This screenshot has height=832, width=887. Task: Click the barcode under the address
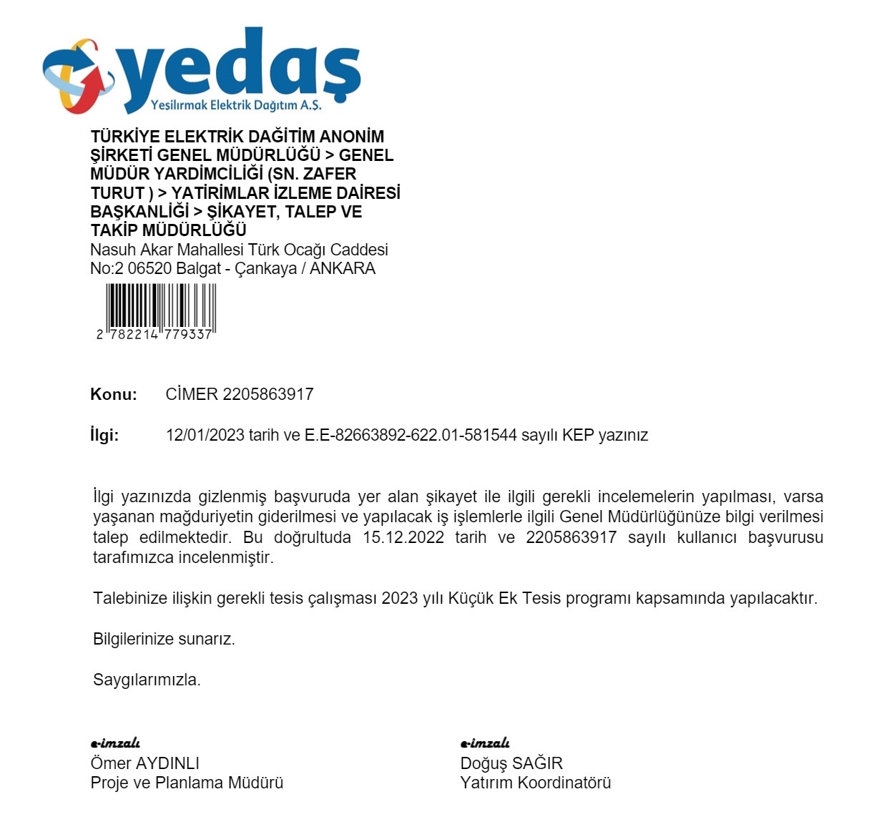(161, 305)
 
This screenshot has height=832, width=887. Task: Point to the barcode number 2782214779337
(155, 335)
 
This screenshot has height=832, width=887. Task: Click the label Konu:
(113, 394)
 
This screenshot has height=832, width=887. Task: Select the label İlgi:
(104, 435)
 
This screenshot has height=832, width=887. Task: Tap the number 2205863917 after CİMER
(268, 394)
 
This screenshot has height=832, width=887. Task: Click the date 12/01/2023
(205, 435)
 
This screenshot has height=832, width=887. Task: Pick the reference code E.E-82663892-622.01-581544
(411, 435)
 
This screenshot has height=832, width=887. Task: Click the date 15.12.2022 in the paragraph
(403, 537)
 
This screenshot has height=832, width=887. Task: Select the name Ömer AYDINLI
(144, 763)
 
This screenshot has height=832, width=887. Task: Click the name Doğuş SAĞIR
(511, 763)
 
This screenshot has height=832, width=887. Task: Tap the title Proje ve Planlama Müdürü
(187, 783)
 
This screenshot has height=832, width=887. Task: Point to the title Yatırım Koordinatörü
(536, 783)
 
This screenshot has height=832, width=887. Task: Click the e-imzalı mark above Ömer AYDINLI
(115, 744)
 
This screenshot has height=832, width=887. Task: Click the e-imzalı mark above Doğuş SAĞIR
(485, 744)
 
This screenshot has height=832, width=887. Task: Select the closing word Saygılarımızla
(147, 680)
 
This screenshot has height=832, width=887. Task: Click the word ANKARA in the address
(343, 269)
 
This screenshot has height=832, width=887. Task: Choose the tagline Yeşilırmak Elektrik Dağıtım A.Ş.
(236, 105)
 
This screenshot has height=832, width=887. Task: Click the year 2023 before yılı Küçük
(400, 598)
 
